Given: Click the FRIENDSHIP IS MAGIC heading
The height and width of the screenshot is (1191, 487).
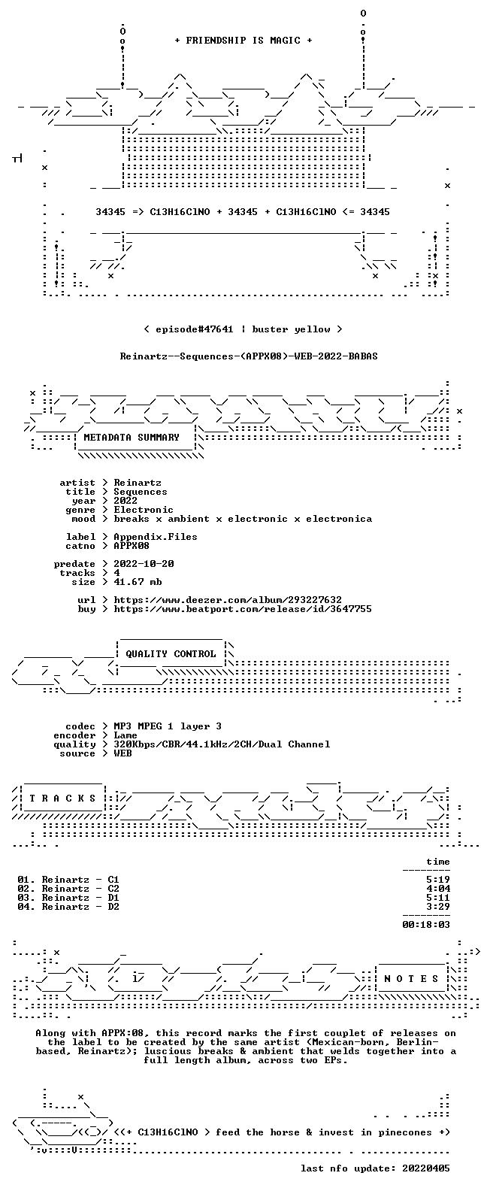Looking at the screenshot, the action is click(x=243, y=41).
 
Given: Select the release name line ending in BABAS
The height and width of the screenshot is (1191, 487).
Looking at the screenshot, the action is click(x=249, y=356).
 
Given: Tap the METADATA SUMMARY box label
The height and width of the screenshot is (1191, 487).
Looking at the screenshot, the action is click(x=132, y=438).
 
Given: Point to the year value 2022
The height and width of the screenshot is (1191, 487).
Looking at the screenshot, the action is click(x=126, y=501).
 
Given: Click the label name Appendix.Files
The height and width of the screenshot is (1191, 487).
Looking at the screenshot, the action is click(x=156, y=537).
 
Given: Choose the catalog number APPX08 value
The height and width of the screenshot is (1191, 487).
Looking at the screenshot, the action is click(x=132, y=546).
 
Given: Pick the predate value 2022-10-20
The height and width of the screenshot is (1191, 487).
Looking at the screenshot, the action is click(x=144, y=564).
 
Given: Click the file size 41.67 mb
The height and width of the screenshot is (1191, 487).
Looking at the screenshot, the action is click(x=138, y=582).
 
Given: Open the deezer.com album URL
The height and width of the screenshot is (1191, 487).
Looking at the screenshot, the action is click(x=228, y=600).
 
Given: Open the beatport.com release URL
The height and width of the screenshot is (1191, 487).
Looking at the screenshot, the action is click(x=243, y=609).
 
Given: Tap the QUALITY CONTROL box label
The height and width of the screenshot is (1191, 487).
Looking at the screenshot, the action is click(x=171, y=654).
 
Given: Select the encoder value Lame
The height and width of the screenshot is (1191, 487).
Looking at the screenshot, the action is click(x=126, y=735).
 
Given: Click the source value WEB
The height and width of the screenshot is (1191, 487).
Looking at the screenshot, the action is click(x=123, y=753).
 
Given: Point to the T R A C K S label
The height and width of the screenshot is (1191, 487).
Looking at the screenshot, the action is click(x=62, y=798).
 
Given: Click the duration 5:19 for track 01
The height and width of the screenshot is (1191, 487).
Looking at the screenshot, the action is click(x=438, y=880).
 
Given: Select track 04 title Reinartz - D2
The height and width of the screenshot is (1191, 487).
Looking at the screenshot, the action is click(x=80, y=907).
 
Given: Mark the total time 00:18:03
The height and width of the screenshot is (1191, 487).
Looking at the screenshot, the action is click(x=426, y=925).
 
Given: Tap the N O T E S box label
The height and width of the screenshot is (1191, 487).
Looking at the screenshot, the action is click(x=411, y=979).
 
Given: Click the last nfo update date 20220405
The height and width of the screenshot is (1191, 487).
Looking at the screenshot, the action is click(x=426, y=1168).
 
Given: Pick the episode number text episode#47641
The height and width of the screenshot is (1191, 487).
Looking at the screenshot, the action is click(x=194, y=329).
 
